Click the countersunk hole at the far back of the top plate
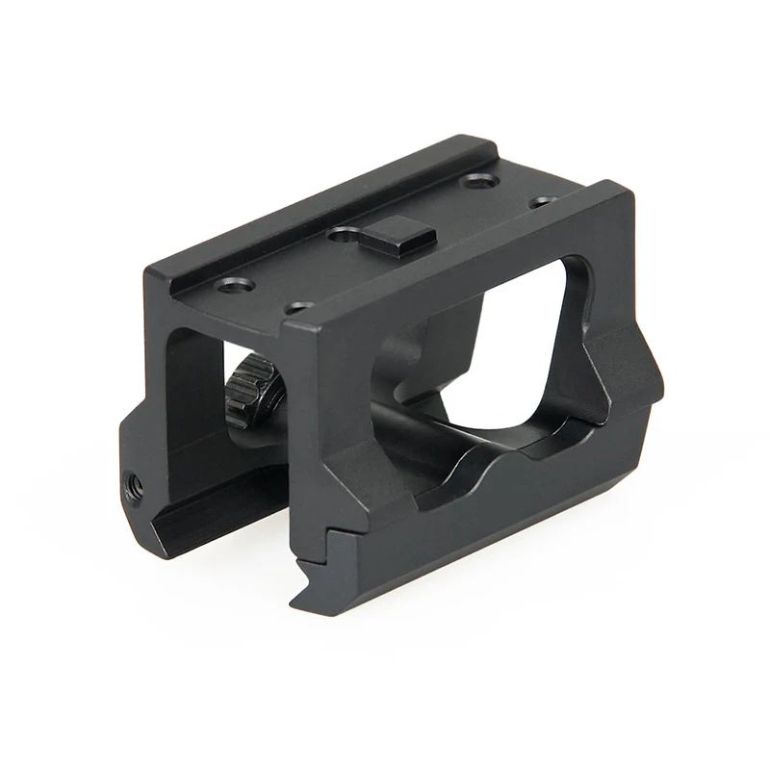476,180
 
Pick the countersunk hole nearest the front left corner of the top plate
235,285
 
